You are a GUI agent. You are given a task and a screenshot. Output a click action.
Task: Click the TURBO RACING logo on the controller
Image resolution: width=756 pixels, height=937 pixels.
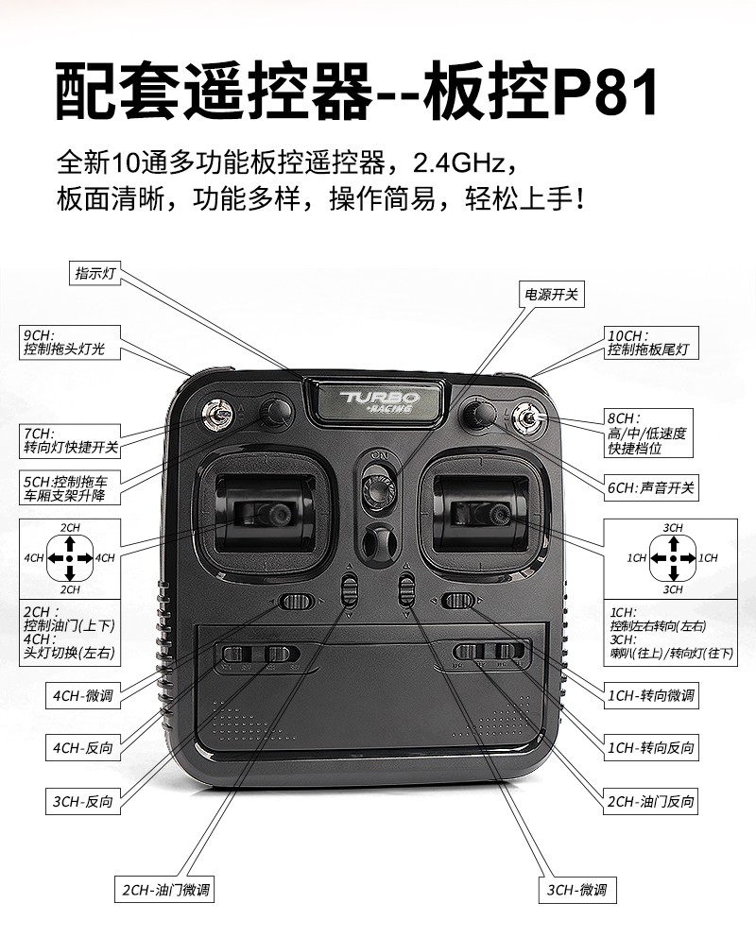pos(377,400)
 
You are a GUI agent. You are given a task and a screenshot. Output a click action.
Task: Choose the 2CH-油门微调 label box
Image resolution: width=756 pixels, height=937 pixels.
pos(164,889)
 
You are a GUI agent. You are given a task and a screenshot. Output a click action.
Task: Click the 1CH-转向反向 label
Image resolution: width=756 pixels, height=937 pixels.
pos(651,748)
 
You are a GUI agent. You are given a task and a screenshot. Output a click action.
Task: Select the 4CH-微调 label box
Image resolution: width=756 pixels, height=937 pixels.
pos(84,695)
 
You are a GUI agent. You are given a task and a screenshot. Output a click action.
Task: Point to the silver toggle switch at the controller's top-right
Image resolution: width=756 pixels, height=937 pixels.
pos(528,415)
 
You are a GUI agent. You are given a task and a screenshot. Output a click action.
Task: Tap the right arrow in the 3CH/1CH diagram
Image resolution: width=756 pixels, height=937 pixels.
pos(687,558)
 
